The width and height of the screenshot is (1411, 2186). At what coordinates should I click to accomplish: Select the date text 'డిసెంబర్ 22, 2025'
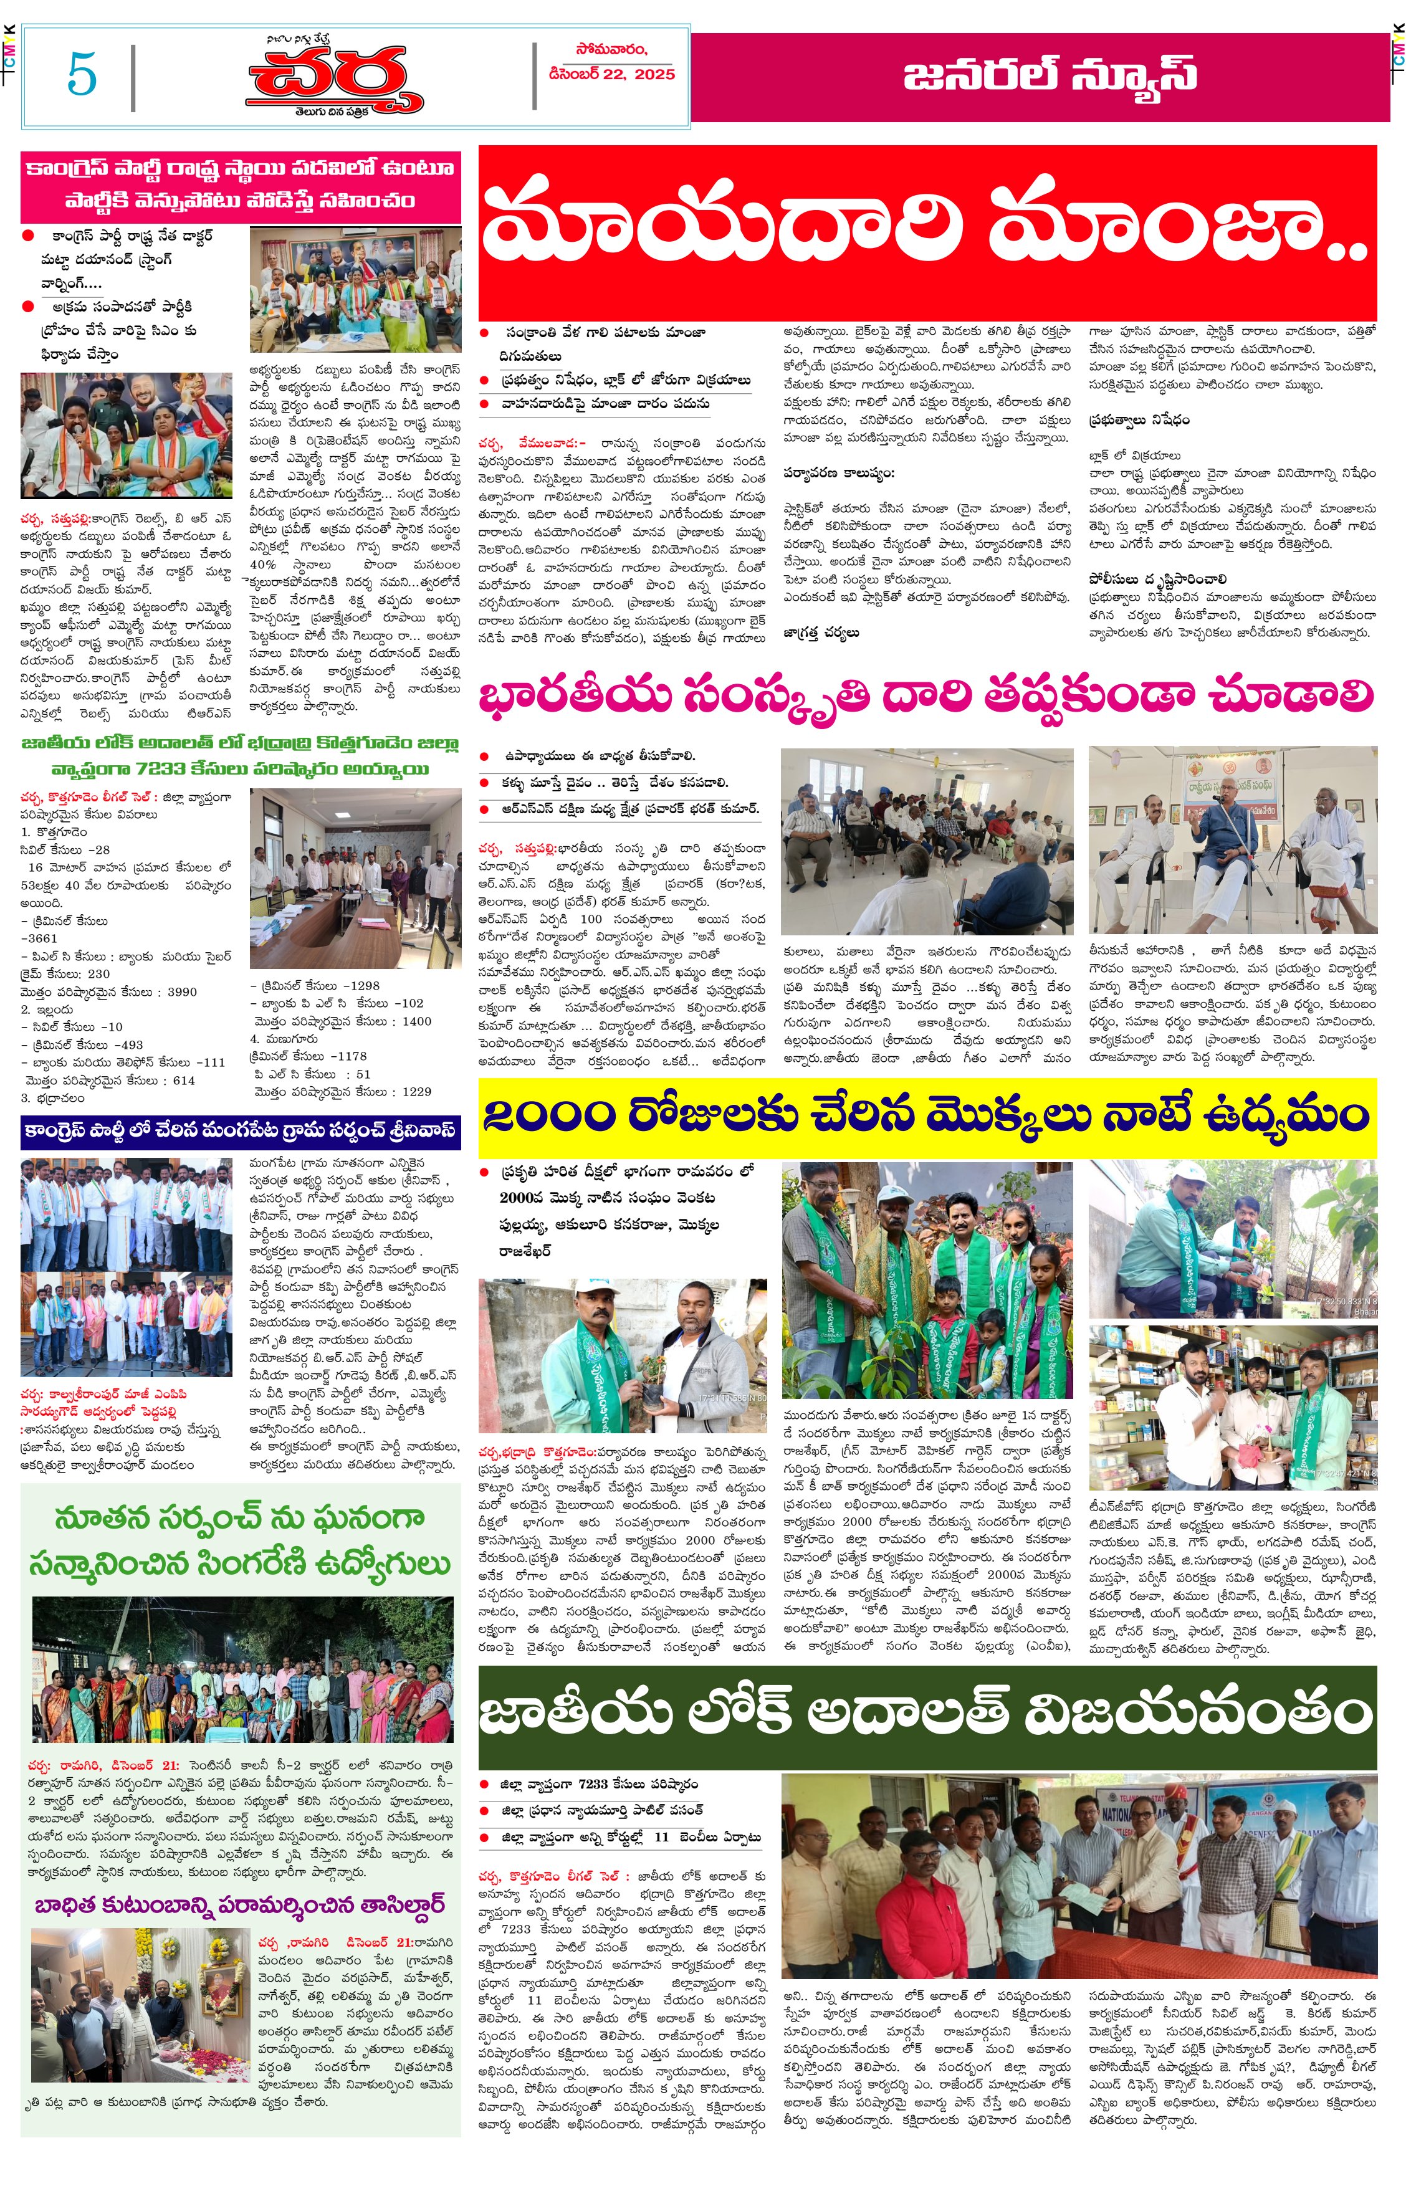click(x=611, y=74)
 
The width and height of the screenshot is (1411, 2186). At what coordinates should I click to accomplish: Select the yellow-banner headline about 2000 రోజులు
click(x=926, y=1116)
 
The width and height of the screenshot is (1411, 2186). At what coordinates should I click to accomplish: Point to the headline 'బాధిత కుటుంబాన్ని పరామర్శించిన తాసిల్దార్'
click(x=240, y=1905)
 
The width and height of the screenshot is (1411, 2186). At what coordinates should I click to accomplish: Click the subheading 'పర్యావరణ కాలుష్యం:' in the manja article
click(x=838, y=473)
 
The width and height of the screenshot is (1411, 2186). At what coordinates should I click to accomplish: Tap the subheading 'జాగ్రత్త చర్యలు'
click(x=821, y=632)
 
